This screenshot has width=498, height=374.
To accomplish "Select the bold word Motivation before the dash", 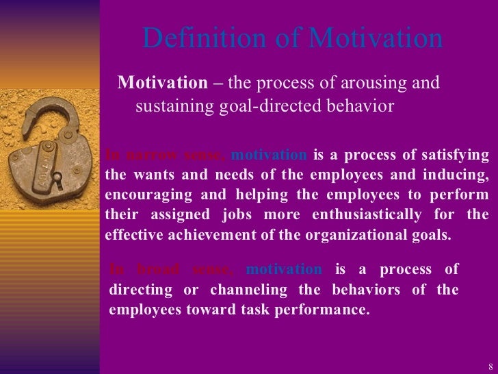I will [x=161, y=84].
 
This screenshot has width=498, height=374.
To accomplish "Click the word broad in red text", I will [x=155, y=269].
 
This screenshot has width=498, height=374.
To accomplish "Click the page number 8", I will [x=490, y=364].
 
